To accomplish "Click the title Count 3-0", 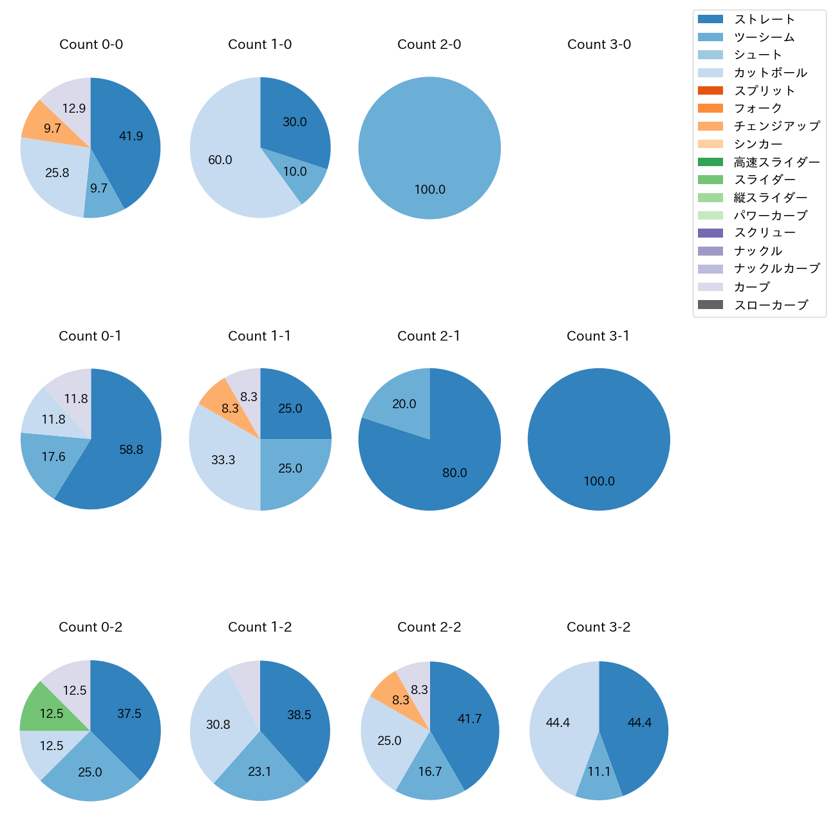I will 599,44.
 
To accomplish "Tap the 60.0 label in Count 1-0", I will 220,160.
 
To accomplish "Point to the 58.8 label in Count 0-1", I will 131,449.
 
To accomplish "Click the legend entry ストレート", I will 764,19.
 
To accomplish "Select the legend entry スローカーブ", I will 771,305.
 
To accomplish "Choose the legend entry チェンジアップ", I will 776,126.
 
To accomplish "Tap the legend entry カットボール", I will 770,73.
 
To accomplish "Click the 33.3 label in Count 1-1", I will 223,460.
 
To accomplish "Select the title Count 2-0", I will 429,44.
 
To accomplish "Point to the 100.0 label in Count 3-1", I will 599,481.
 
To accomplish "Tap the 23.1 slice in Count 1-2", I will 259,771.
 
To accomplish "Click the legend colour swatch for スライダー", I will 710,180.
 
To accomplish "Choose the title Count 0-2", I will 91,627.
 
